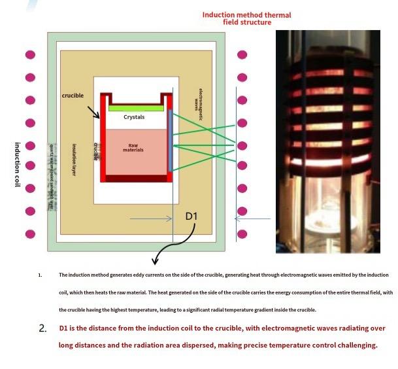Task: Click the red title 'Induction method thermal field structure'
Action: point(246,18)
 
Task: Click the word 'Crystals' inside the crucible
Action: point(134,117)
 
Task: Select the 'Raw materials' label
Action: point(133,148)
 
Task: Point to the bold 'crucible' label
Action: point(73,96)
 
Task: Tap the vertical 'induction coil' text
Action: point(18,164)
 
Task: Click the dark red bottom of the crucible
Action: point(136,178)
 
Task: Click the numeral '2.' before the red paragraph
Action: point(42,328)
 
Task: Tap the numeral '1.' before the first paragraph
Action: point(40,275)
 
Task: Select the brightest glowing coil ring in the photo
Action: point(327,160)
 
